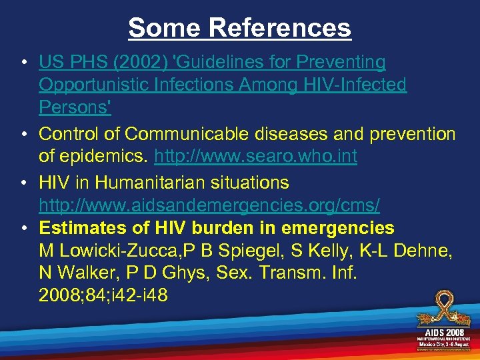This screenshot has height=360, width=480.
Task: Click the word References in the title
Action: click(279, 27)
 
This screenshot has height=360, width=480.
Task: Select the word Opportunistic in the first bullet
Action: click(93, 85)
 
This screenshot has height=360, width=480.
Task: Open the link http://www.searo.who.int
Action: click(255, 157)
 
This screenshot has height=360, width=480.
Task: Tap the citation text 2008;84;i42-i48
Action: click(103, 295)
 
